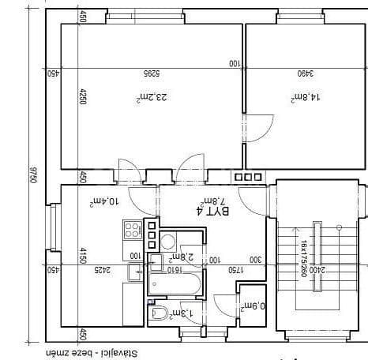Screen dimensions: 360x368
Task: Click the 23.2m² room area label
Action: pyautogui.click(x=150, y=97)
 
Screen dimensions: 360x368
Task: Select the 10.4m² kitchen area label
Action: pyautogui.click(x=105, y=202)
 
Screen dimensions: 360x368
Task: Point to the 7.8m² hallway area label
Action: pyautogui.click(x=215, y=200)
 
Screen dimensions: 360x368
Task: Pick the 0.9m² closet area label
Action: pyautogui.click(x=252, y=306)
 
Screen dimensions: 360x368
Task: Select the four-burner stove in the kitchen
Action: pyautogui.click(x=132, y=231)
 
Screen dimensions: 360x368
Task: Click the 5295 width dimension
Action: pyautogui.click(x=151, y=73)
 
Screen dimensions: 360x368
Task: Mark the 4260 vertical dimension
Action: pyautogui.click(x=81, y=97)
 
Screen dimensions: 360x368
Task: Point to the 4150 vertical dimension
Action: pyautogui.click(x=81, y=257)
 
